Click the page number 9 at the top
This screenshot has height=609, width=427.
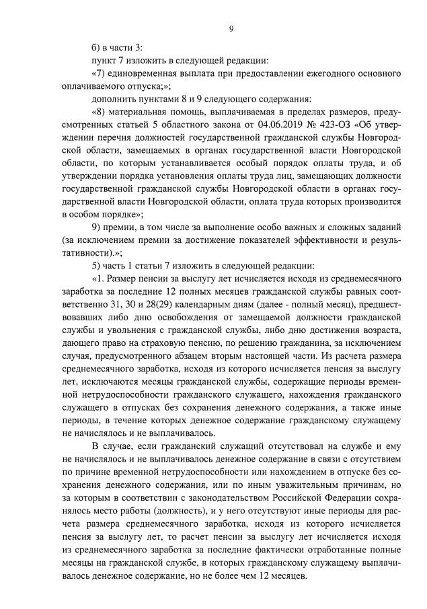(x=231, y=28)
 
